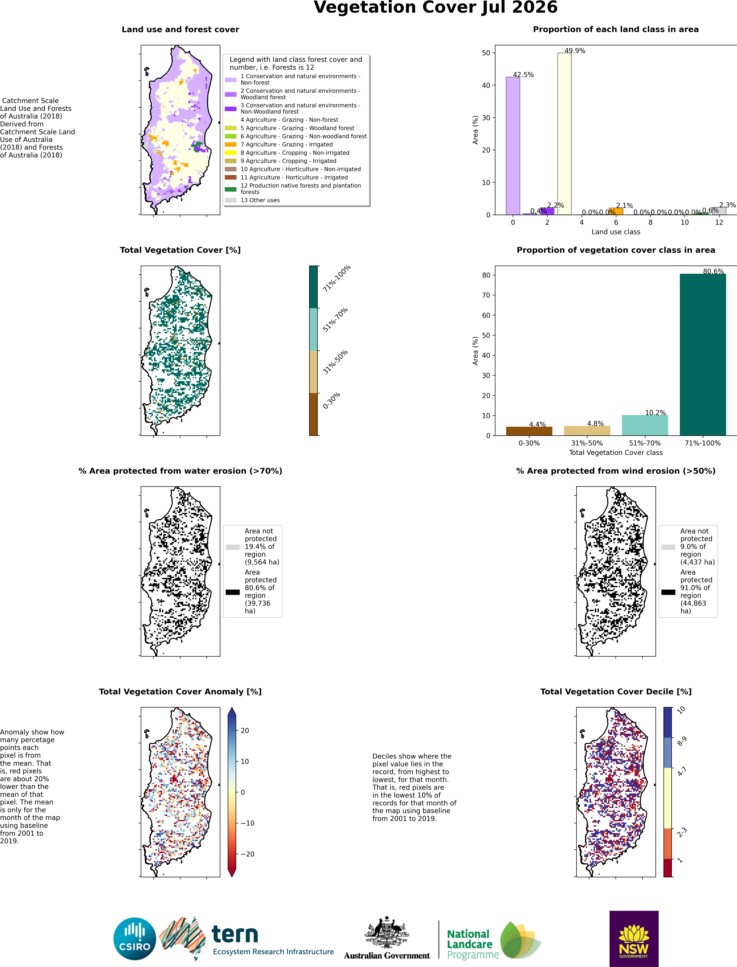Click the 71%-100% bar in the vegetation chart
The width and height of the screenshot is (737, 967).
coord(703,354)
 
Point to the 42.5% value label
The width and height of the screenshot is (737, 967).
coord(523,75)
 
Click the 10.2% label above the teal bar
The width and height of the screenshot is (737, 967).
coord(655,413)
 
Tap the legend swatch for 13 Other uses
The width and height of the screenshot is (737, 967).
coord(231,200)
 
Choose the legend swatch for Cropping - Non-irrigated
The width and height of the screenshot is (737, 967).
coord(231,153)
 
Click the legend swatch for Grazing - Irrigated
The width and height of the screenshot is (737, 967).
coord(231,144)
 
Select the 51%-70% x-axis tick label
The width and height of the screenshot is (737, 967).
coord(645,443)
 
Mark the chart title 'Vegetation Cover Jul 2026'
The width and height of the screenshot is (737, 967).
coord(436,8)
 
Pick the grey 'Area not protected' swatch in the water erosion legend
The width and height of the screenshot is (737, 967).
coord(232,547)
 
